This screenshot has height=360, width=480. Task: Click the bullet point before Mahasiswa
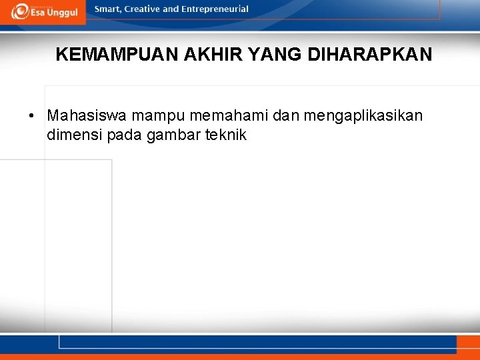tap(31, 116)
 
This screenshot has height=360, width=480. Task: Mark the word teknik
tap(225, 135)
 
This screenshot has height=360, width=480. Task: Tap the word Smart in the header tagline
tap(109, 9)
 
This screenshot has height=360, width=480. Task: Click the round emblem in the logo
tap(19, 11)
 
